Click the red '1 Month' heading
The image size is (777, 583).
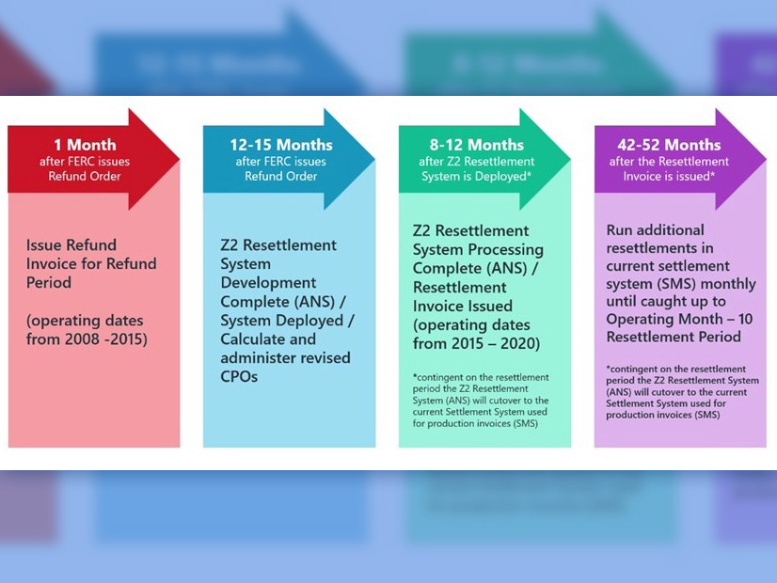tap(85, 145)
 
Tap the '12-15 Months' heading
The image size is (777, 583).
tap(280, 145)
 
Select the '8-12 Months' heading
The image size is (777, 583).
tap(476, 145)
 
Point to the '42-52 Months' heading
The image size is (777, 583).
tap(669, 145)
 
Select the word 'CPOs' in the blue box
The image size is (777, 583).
tap(239, 376)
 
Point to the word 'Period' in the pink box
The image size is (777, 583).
tap(50, 282)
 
